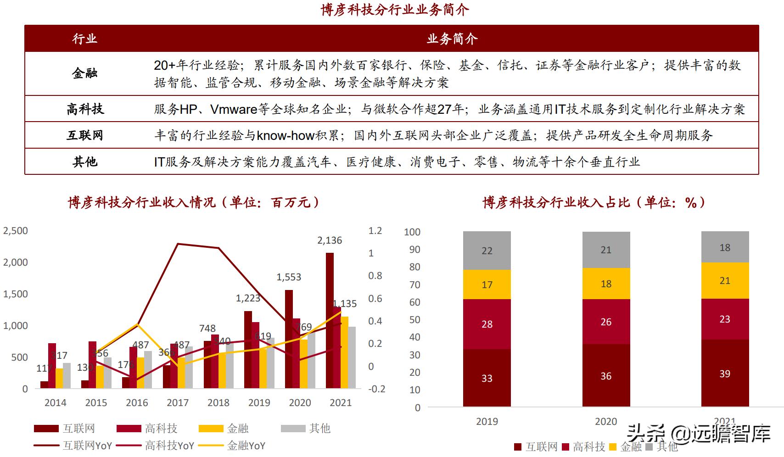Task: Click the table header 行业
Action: pyautogui.click(x=84, y=39)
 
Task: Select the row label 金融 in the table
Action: pyautogui.click(x=84, y=73)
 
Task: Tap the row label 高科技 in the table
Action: pyautogui.click(x=85, y=109)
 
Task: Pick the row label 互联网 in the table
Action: pyautogui.click(x=85, y=135)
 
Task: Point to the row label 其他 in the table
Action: pyautogui.click(x=85, y=162)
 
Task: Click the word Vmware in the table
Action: pyautogui.click(x=234, y=109)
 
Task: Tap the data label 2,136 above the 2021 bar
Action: pyautogui.click(x=329, y=240)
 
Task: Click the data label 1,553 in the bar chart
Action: pyautogui.click(x=288, y=277)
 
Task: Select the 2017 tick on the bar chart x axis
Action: pyautogui.click(x=178, y=403)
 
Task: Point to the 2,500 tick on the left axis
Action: pyautogui.click(x=16, y=231)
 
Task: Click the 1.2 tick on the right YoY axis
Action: pyautogui.click(x=375, y=231)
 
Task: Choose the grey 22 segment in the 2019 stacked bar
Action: pyautogui.click(x=487, y=251)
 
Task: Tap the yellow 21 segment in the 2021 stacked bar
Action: pyautogui.click(x=725, y=281)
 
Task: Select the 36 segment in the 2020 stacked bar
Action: pyautogui.click(x=606, y=376)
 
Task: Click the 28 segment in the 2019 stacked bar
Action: pyautogui.click(x=487, y=324)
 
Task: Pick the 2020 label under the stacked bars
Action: pyautogui.click(x=606, y=421)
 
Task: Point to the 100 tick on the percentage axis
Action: pyautogui.click(x=412, y=232)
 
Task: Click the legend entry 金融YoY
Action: pyautogui.click(x=246, y=446)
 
